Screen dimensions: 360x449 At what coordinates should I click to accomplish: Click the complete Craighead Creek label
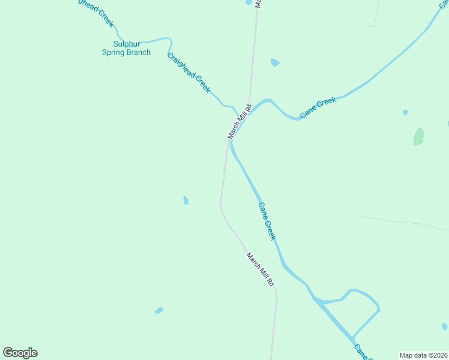pos(188,73)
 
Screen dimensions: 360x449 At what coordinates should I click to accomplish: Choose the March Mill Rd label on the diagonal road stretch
pos(260,268)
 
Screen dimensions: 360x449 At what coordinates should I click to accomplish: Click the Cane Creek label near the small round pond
pos(318,107)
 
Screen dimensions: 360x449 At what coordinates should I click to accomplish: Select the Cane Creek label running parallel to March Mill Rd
pos(267,221)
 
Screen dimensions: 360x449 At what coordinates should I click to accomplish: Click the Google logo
pos(20,353)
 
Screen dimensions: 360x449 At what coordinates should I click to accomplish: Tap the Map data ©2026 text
pos(423,355)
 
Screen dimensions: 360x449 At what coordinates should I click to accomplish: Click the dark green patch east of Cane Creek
pos(418,137)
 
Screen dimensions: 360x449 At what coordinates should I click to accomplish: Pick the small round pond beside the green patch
pos(406,112)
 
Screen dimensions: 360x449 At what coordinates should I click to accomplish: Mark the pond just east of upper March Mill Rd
pos(274,62)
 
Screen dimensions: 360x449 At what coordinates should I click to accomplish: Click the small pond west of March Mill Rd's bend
pos(186,200)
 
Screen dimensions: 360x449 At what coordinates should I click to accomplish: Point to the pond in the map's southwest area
pos(159,310)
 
